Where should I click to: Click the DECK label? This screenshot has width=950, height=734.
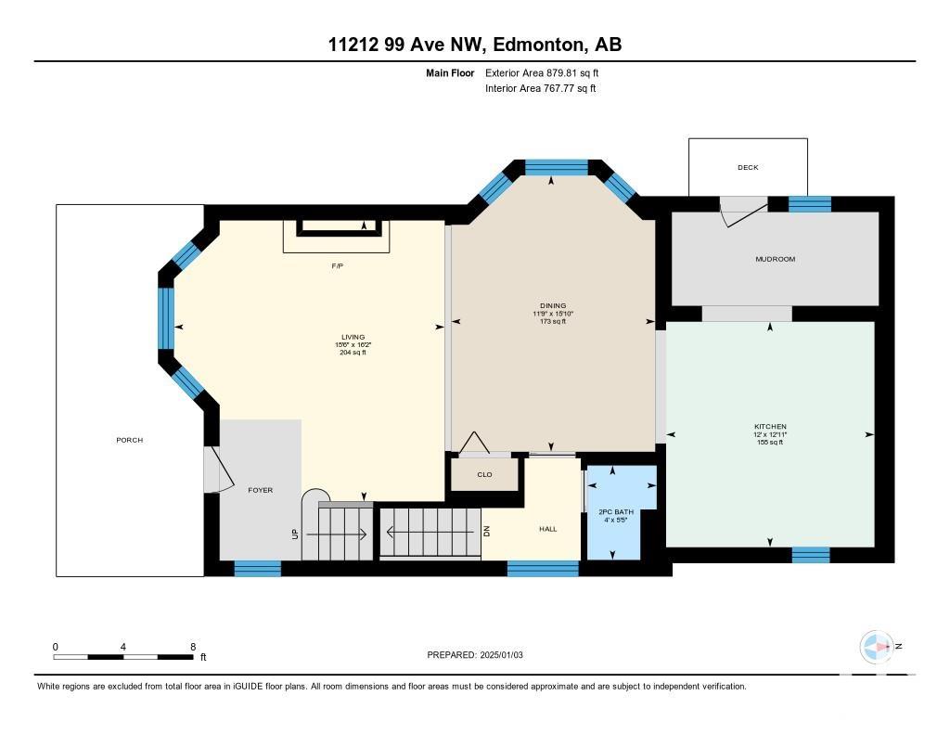pyautogui.click(x=748, y=167)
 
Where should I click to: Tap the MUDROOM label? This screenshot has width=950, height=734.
pyautogui.click(x=775, y=259)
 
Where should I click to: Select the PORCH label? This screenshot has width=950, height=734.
pyautogui.click(x=130, y=440)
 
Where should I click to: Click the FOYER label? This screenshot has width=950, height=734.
pyautogui.click(x=261, y=490)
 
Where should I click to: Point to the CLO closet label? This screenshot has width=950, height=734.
pyautogui.click(x=484, y=474)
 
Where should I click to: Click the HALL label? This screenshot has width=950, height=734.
pyautogui.click(x=548, y=529)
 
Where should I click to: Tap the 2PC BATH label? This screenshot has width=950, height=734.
pyautogui.click(x=616, y=512)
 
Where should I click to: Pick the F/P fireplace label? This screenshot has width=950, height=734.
pyautogui.click(x=338, y=266)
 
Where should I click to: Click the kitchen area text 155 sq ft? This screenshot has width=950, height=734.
pyautogui.click(x=770, y=443)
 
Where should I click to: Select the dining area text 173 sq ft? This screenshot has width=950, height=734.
pyautogui.click(x=553, y=322)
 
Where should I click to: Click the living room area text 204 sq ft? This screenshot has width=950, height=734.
pyautogui.click(x=353, y=353)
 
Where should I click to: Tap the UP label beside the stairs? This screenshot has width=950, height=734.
pyautogui.click(x=295, y=534)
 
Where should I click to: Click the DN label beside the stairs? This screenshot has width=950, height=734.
pyautogui.click(x=486, y=531)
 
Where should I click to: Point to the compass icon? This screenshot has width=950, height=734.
pyautogui.click(x=876, y=647)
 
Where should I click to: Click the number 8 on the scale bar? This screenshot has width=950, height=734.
pyautogui.click(x=193, y=647)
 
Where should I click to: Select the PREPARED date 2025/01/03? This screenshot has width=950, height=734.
pyautogui.click(x=501, y=654)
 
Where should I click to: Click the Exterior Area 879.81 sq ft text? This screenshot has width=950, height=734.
pyautogui.click(x=542, y=72)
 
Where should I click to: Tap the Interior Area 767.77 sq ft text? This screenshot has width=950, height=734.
pyautogui.click(x=541, y=88)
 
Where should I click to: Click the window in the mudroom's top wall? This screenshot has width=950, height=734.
pyautogui.click(x=809, y=204)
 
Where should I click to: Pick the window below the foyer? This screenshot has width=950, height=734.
pyautogui.click(x=258, y=569)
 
